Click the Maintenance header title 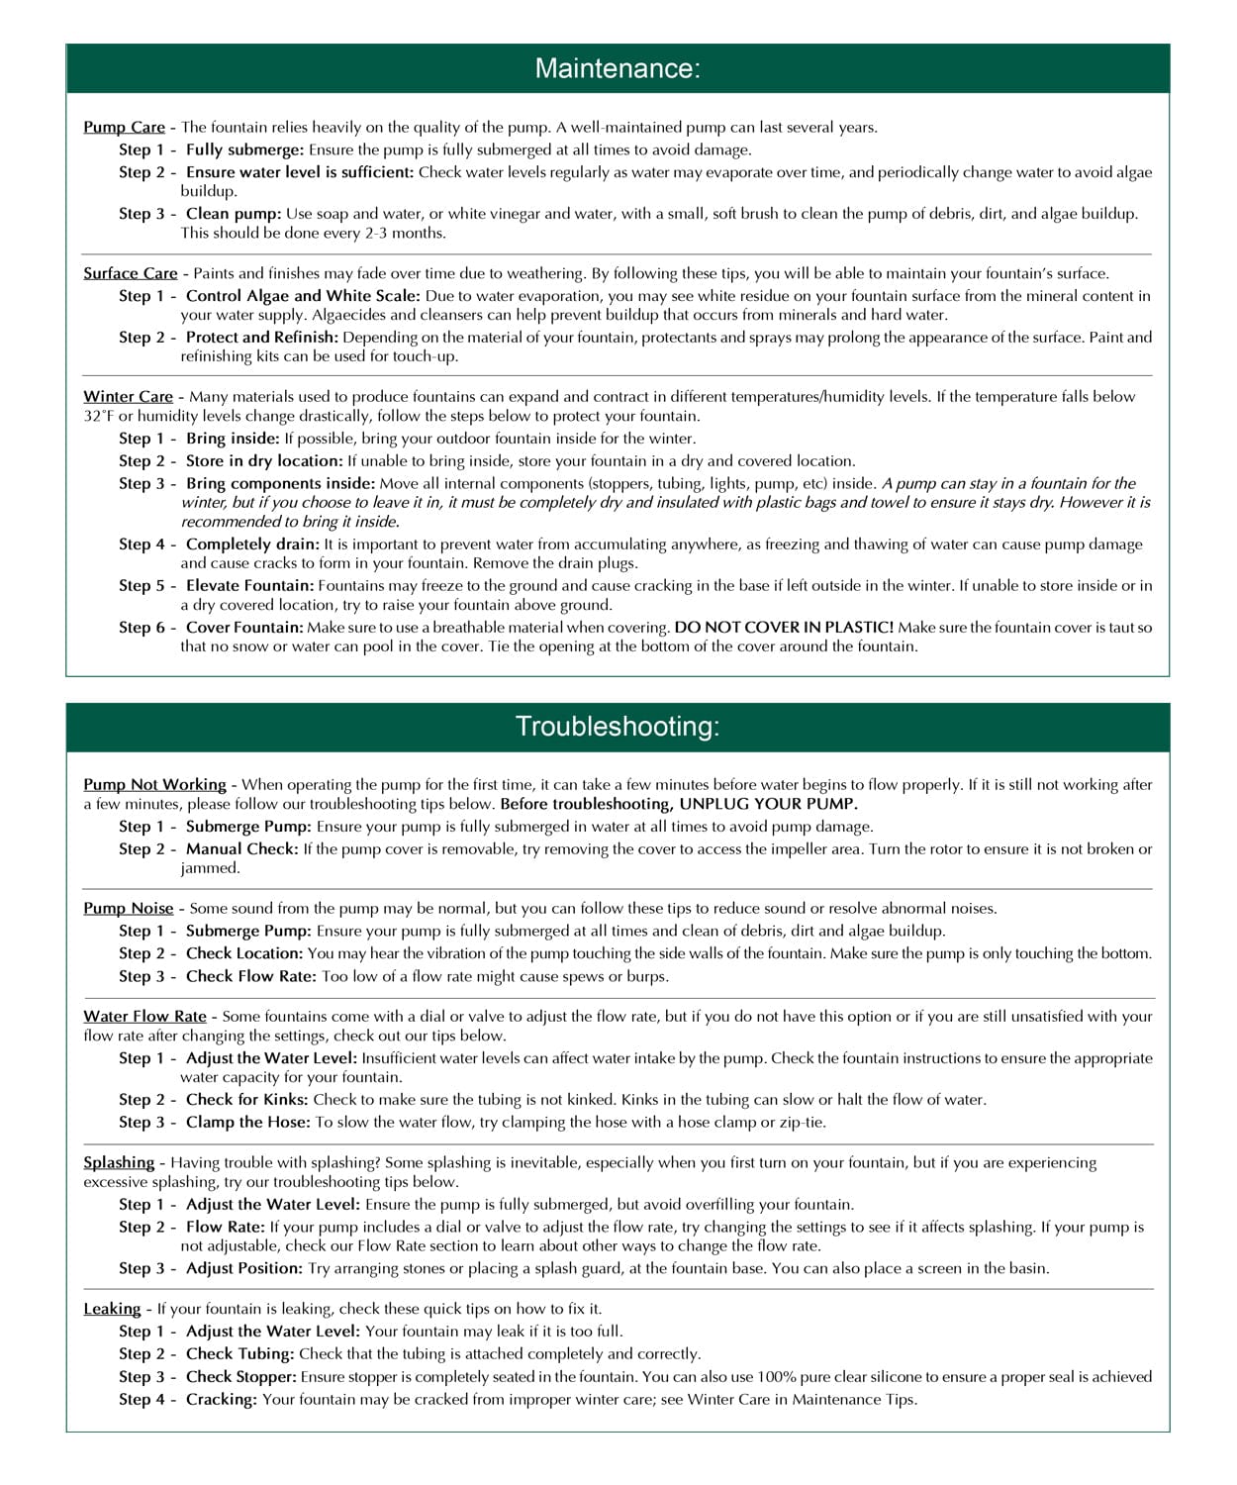coord(618,68)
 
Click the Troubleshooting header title coord(618,727)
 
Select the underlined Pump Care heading coord(124,127)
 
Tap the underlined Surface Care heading coord(130,273)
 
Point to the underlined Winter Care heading coord(128,396)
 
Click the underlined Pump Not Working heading coord(154,784)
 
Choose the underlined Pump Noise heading coord(128,908)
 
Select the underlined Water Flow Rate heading coord(144,1016)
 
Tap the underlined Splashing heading coord(119,1162)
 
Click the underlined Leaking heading coord(112,1309)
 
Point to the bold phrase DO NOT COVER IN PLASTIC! coord(784,628)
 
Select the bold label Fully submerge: coord(244,149)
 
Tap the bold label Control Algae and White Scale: coord(303,296)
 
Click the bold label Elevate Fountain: coord(249,585)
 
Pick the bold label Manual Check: coord(241,848)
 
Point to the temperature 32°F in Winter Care coord(99,416)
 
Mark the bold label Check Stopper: coord(240,1376)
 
